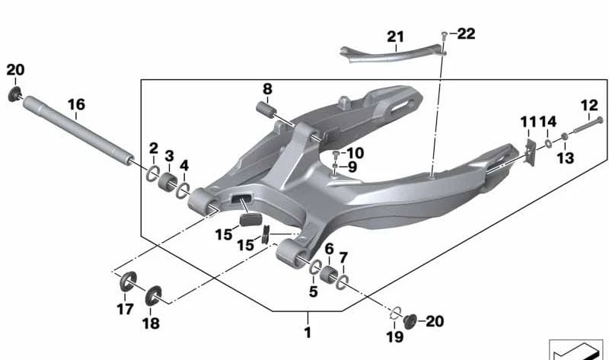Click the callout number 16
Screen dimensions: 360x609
[76, 104]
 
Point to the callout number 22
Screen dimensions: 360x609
[465, 33]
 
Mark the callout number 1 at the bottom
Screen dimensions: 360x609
[308, 333]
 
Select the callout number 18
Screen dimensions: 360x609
[151, 323]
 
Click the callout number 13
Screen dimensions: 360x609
[565, 158]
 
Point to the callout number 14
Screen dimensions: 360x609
[549, 122]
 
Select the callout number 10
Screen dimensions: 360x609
[355, 152]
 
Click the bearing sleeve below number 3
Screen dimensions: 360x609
[169, 183]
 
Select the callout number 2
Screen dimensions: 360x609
[153, 148]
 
